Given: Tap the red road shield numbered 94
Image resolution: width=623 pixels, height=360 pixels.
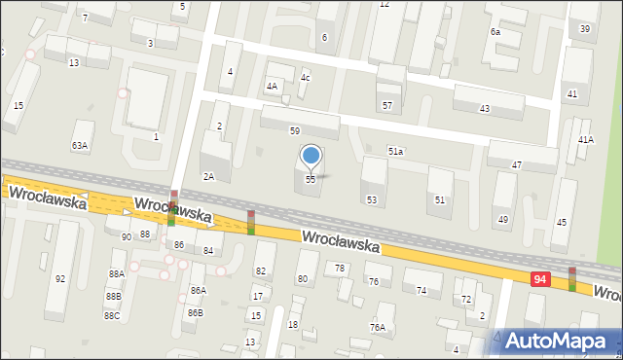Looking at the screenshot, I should [539, 279].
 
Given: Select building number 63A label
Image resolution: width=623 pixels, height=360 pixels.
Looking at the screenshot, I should [79, 146].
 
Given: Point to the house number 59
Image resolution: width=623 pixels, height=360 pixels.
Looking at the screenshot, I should [294, 130].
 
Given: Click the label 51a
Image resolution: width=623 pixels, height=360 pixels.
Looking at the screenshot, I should [395, 151].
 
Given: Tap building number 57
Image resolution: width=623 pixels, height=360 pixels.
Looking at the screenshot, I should [386, 105].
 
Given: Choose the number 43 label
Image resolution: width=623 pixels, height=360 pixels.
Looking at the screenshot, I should [485, 108].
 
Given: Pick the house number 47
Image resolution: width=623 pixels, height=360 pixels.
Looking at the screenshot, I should [517, 166].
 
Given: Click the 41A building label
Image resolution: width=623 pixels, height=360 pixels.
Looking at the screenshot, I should [585, 140].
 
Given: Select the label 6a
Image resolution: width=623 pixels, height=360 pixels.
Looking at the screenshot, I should [495, 32].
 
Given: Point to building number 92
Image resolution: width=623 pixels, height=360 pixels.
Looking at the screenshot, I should [60, 279].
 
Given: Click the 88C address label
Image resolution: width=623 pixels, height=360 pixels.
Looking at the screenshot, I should [112, 315].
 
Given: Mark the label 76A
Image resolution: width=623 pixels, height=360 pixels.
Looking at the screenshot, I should [377, 328].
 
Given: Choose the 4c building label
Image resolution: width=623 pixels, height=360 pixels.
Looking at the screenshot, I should [305, 77].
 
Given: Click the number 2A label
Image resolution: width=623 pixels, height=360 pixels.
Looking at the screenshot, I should [208, 176].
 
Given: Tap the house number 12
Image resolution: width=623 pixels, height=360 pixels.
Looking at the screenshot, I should [385, 5].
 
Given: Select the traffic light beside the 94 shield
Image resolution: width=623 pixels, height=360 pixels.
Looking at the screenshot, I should [571, 279].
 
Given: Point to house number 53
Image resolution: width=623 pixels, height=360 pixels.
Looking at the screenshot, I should [371, 199].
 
